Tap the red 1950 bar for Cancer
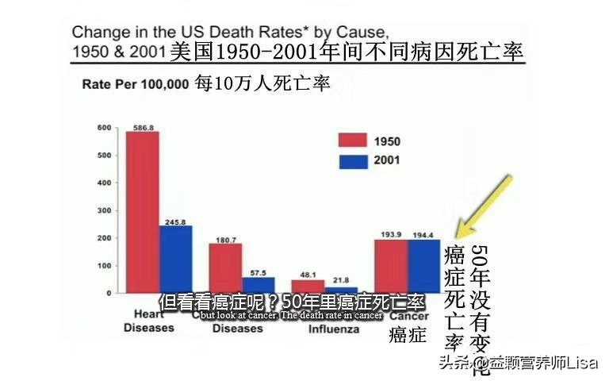click(391, 266)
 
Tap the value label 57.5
click(259, 271)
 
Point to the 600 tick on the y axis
click(103, 128)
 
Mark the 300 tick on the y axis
click(103, 210)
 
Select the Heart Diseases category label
click(149, 321)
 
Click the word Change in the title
click(96, 34)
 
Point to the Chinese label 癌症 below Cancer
click(408, 336)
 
